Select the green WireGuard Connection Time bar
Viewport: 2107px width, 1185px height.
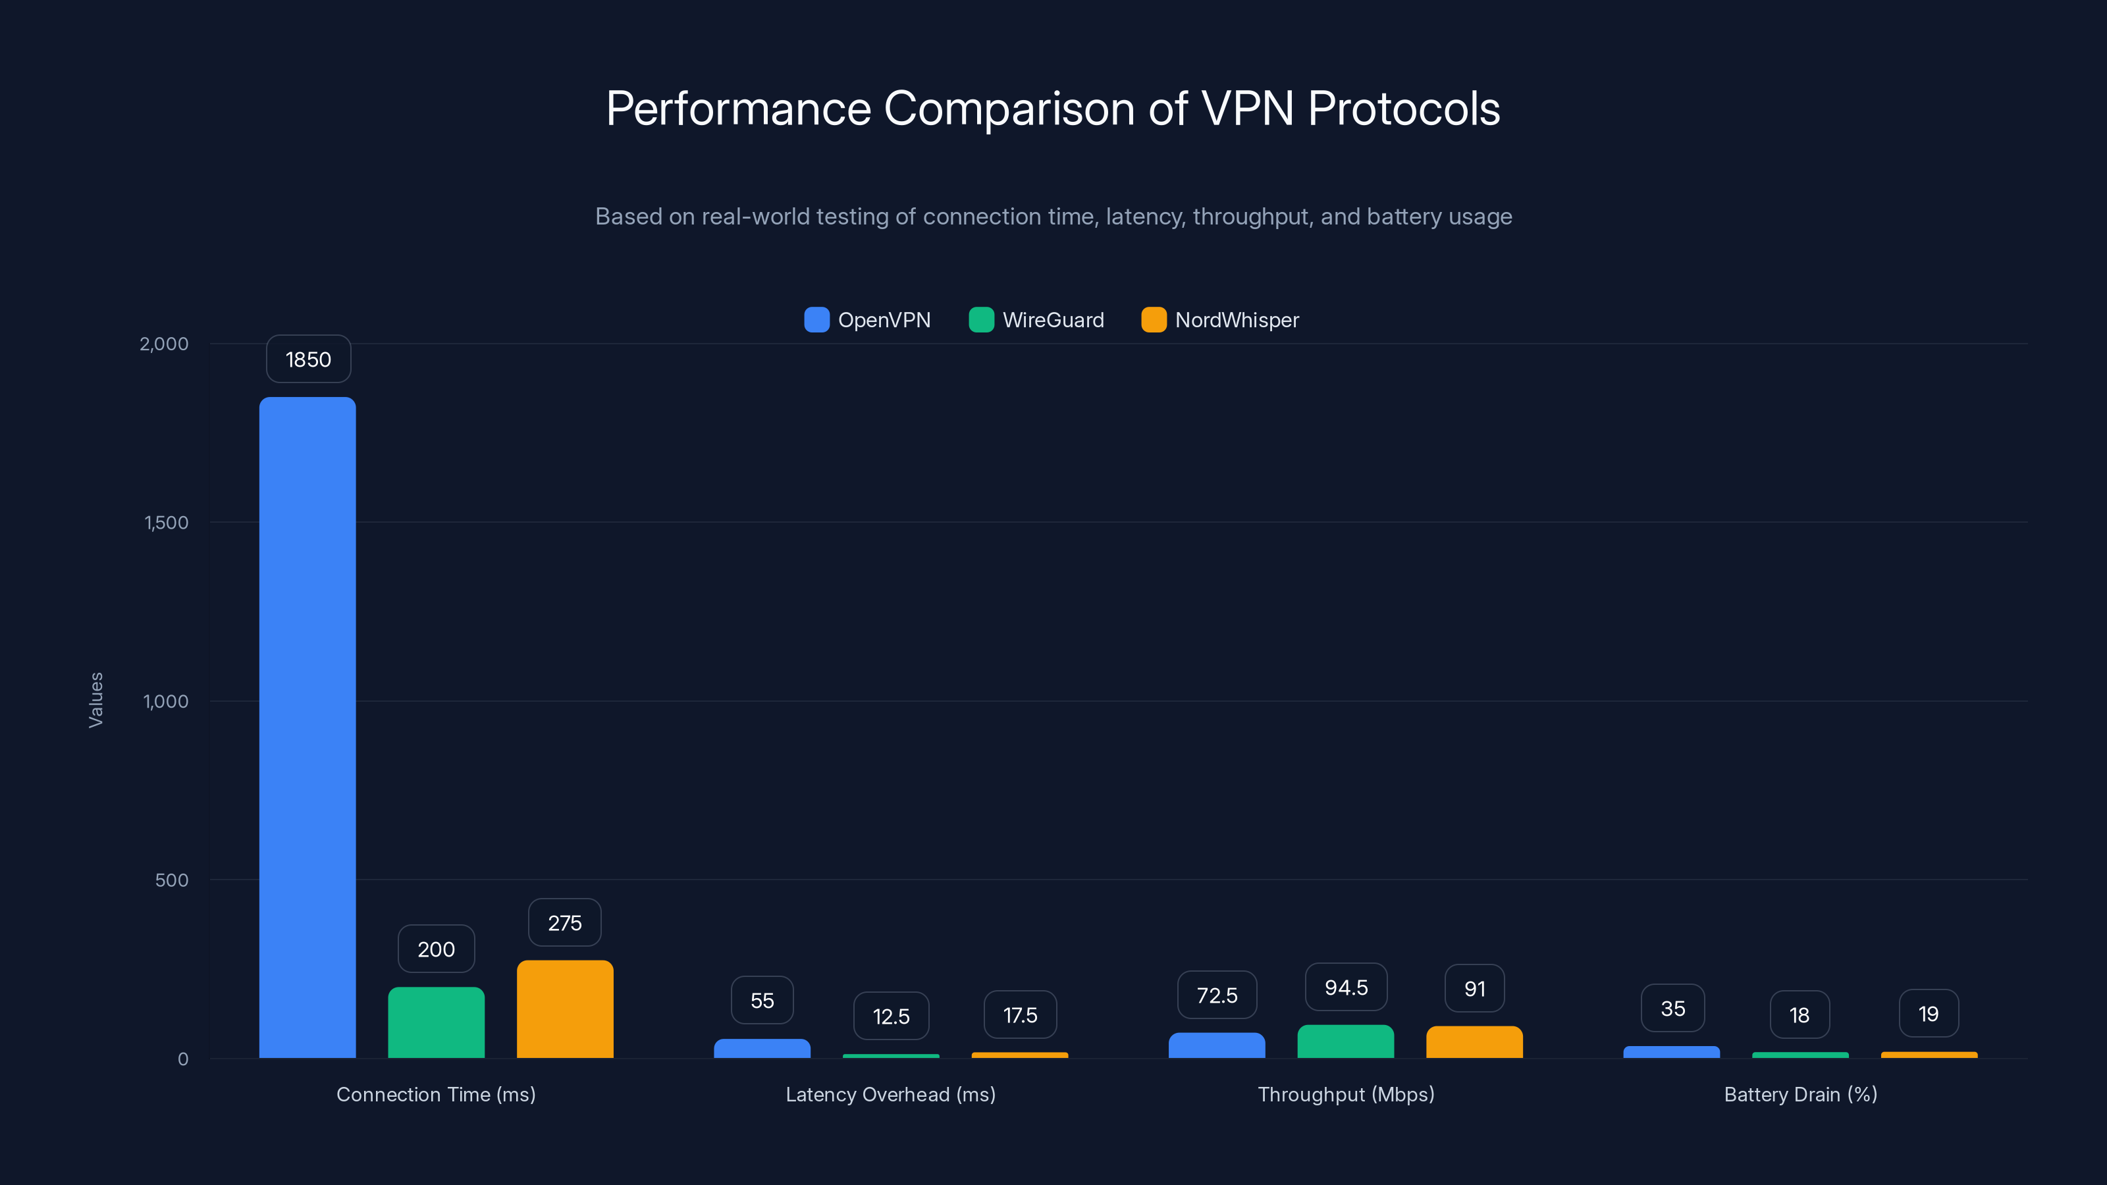[436, 1022]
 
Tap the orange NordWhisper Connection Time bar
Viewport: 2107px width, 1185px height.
[565, 1009]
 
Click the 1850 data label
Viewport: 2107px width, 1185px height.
[308, 359]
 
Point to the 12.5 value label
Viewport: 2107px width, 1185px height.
[891, 1016]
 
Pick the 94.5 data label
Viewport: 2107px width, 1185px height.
[1345, 987]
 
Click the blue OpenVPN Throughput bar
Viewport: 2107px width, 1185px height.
[1216, 1045]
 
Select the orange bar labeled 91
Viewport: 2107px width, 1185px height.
[1474, 1042]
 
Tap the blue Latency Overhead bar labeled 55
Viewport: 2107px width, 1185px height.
[762, 1049]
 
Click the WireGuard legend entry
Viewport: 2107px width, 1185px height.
[1036, 320]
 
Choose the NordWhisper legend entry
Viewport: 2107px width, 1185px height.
[1219, 320]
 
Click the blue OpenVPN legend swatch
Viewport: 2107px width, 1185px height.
[816, 320]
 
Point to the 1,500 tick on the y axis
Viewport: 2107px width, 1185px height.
[166, 523]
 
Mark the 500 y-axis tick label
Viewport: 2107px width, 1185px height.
[172, 880]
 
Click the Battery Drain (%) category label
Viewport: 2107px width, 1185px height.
[1800, 1094]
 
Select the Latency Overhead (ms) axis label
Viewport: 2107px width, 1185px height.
[891, 1094]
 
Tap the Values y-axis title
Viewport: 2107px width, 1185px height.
[95, 700]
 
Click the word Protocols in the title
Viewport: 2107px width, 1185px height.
[1404, 109]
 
